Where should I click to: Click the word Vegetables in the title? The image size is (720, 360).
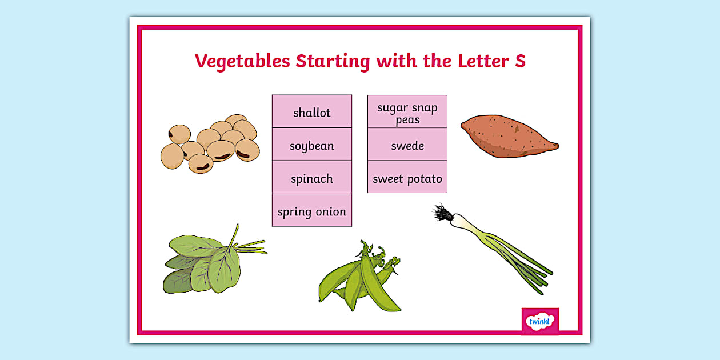coord(242,61)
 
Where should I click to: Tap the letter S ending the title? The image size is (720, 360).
coord(520,61)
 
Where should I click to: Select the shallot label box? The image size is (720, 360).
coord(312,111)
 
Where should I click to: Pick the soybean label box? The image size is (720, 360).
coord(312,145)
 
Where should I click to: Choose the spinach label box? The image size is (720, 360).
coord(312,177)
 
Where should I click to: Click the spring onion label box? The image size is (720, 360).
coord(312,210)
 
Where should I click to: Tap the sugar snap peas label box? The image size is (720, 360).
coord(407,111)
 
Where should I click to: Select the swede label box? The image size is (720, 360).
coord(407,145)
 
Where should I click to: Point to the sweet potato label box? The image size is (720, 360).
coord(407,177)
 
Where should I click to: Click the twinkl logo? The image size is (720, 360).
coord(541,321)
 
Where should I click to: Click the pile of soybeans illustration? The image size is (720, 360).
coord(210,143)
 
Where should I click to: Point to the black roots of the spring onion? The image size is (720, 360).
coord(441,213)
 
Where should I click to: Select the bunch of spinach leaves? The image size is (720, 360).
coord(215,261)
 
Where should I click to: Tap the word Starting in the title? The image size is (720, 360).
coord(333,61)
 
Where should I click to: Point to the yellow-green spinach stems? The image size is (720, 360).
coord(251,247)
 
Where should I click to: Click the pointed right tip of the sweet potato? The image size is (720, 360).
coord(558,146)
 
